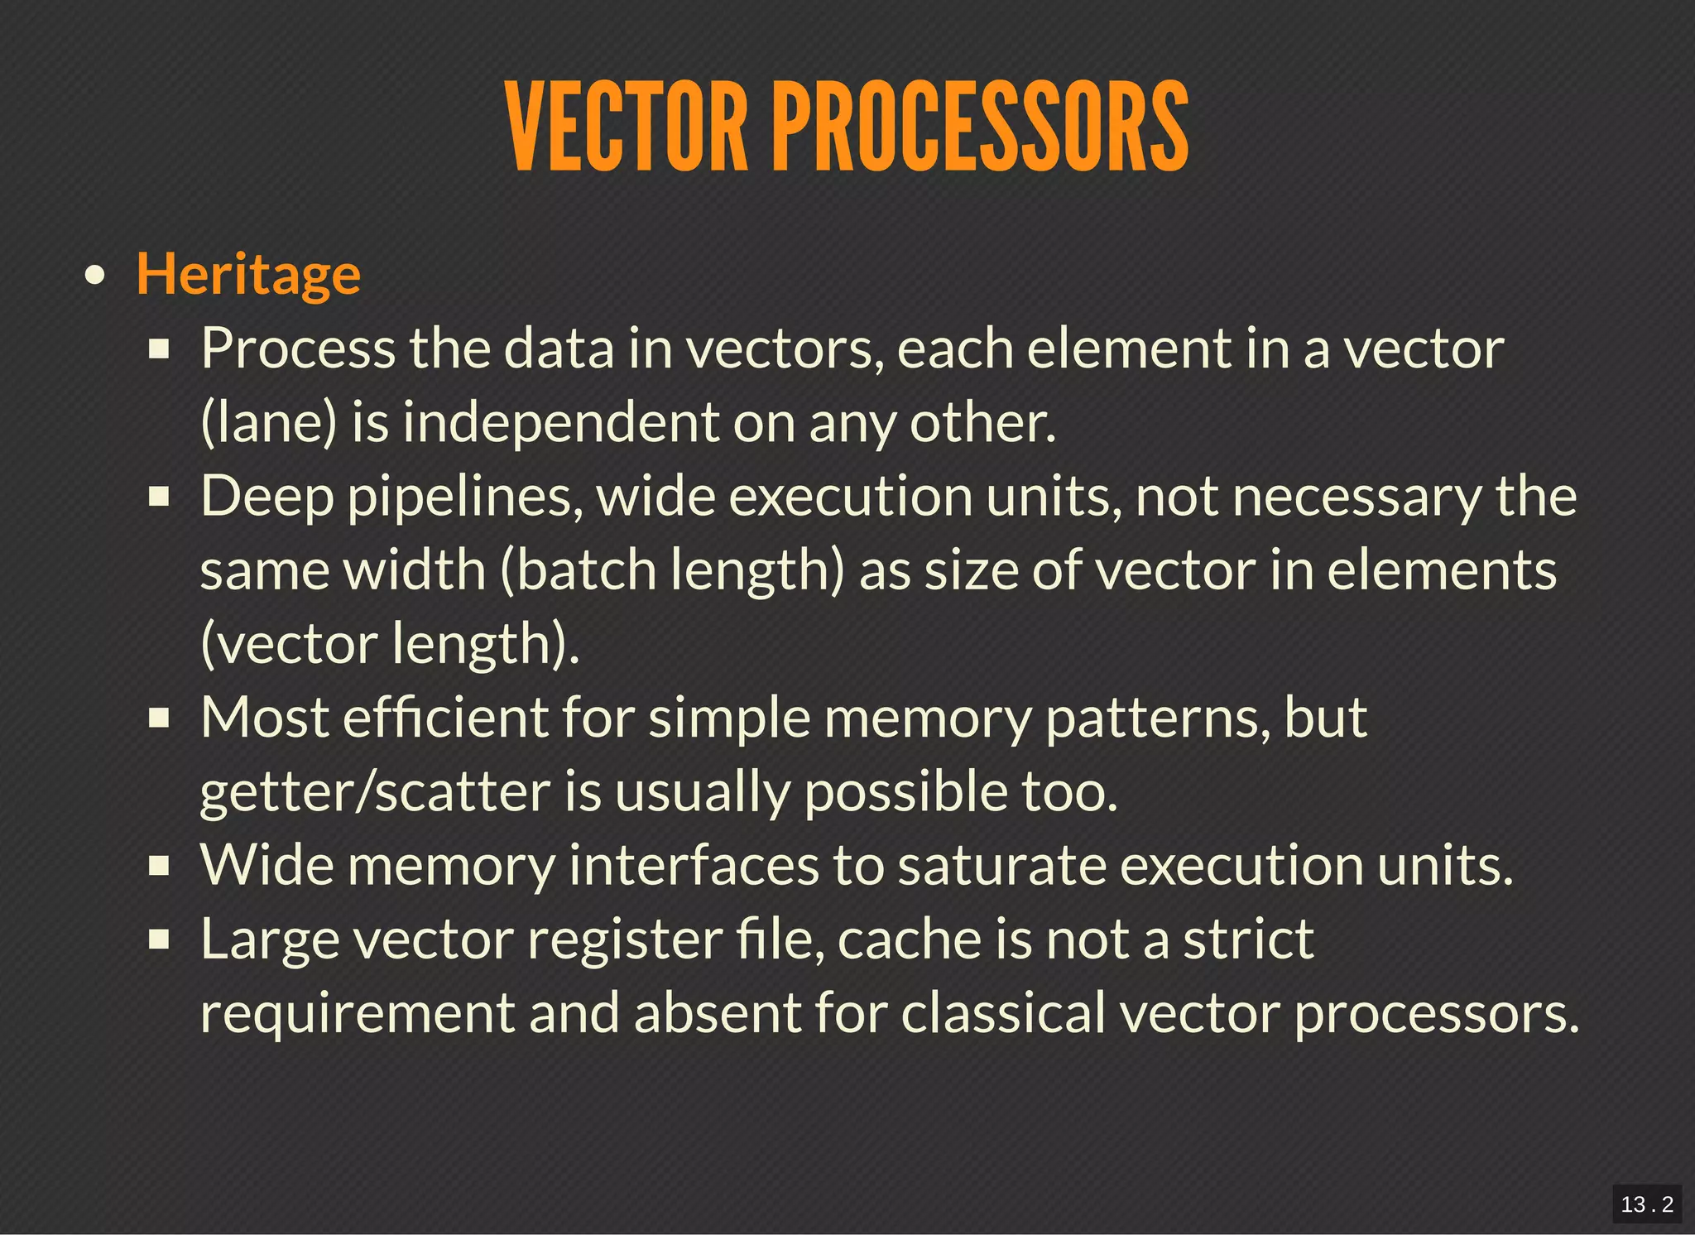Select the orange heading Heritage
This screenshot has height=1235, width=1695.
coord(248,274)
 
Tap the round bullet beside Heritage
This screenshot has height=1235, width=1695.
coord(95,276)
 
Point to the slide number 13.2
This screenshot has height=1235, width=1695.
coord(1646,1204)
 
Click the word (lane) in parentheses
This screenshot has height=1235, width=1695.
coord(269,423)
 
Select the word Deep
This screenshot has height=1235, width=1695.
coord(266,497)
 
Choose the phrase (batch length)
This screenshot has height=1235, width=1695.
coord(672,571)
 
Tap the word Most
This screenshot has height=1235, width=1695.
coord(265,717)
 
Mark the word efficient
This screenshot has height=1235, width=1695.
coord(445,717)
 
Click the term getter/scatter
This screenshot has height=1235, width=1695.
coord(375,792)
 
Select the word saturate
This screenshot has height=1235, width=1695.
coord(1002,866)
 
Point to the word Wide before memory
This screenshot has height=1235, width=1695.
coord(266,865)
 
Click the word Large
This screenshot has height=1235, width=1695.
coord(270,940)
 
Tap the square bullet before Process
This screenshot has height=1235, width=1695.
coord(159,349)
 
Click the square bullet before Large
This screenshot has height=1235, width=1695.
coord(159,940)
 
